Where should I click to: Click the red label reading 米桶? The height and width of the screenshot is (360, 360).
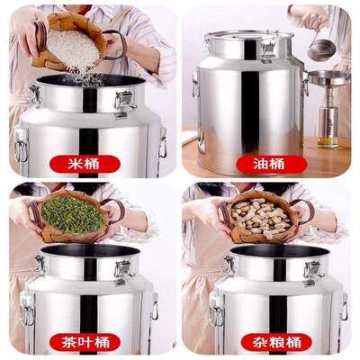point(85,164)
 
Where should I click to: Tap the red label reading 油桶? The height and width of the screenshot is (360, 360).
point(272,164)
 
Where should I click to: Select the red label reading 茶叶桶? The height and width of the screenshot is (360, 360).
point(85,342)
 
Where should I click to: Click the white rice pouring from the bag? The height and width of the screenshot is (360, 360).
point(75,51)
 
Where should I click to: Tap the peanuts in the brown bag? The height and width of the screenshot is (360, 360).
point(262,215)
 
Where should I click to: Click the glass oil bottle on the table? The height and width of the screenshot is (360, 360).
point(328,126)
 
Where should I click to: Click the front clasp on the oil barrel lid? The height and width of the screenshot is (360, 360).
point(268,49)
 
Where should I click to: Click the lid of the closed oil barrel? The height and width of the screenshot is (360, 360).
point(249,38)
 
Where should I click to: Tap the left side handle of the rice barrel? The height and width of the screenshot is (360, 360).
point(22,144)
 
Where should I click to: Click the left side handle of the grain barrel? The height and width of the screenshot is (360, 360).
point(217,309)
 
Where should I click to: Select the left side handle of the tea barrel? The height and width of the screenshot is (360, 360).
point(28,308)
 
